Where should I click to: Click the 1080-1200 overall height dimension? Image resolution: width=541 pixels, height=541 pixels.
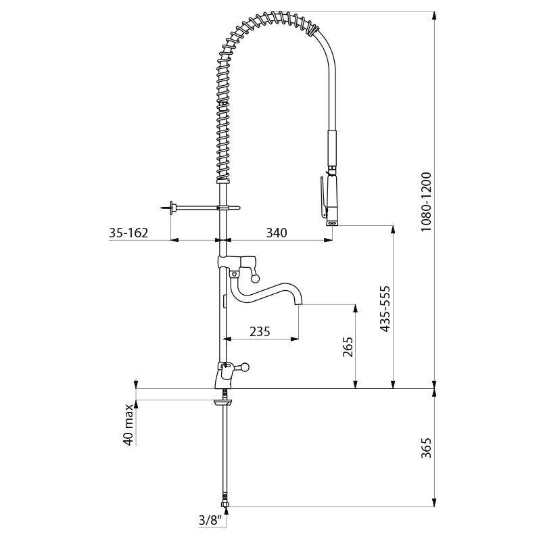427,202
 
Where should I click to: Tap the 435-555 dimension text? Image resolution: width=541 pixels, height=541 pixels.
385,308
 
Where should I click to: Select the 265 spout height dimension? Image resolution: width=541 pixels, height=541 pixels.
348,347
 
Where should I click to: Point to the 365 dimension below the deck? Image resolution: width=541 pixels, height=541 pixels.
427,448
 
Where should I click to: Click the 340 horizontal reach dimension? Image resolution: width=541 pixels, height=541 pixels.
277,233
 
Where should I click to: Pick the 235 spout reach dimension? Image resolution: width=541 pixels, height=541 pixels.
260,331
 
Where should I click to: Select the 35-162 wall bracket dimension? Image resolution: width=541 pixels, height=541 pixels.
128,233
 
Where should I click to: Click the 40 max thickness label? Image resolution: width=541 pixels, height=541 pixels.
128,425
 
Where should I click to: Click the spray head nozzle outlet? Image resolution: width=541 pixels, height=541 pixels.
333,224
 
